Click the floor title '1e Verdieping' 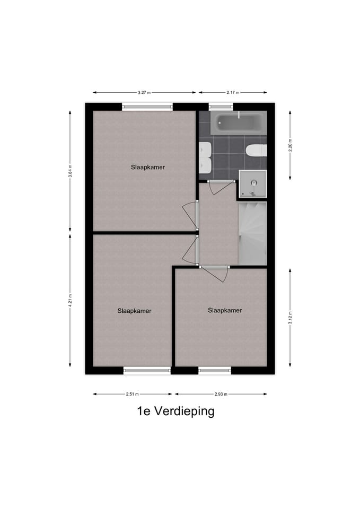coord(175,411)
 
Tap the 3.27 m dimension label coord(144,92)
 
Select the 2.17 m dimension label coord(232,92)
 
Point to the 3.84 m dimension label coord(70,171)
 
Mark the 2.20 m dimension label coord(290,145)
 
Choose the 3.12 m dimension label coord(290,317)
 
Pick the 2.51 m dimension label coord(132,394)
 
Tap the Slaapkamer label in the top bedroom coord(148,167)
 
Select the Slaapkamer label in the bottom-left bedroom coord(134,311)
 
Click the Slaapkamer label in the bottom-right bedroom coord(225,310)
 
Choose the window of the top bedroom coord(148,107)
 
